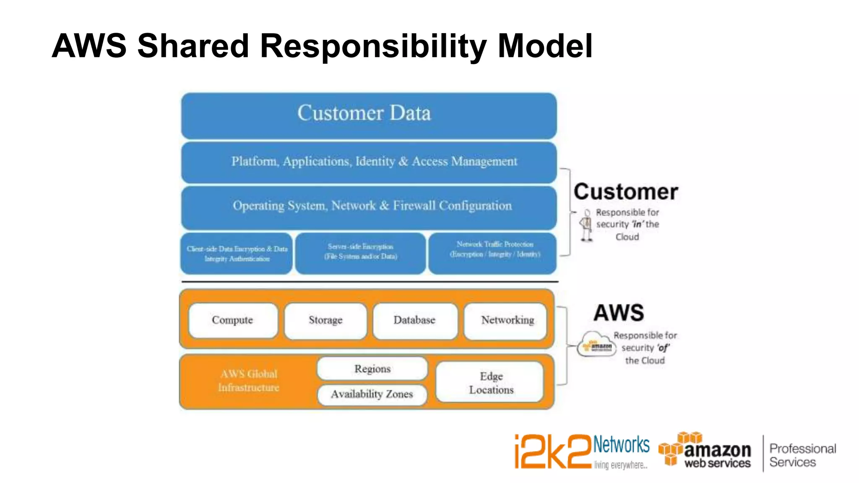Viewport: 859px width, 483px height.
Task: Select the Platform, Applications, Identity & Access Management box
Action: tap(369, 162)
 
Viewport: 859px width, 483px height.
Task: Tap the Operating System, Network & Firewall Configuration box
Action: tap(369, 207)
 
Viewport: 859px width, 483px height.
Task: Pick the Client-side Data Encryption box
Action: tap(237, 254)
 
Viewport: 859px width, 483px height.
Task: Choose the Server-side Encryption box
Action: tap(360, 252)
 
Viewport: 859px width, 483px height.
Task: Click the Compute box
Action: tap(233, 321)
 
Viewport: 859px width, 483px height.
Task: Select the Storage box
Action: tap(325, 321)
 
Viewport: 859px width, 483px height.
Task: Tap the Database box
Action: tap(414, 321)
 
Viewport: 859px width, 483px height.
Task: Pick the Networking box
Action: tap(506, 321)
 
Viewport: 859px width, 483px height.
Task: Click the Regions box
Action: tap(372, 369)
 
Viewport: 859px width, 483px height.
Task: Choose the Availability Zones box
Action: tap(372, 394)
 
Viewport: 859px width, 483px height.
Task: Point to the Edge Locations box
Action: tap(490, 382)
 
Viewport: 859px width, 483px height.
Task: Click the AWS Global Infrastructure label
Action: tap(249, 381)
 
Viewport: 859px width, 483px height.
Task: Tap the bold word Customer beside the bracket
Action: tap(626, 192)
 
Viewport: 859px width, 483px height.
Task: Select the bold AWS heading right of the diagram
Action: tap(619, 313)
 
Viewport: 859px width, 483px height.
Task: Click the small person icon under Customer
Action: tap(586, 225)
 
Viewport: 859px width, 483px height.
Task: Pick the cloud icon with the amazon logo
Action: tap(596, 344)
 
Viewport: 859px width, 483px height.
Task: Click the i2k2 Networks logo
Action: tap(581, 451)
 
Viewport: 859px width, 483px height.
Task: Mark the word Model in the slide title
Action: tap(545, 46)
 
